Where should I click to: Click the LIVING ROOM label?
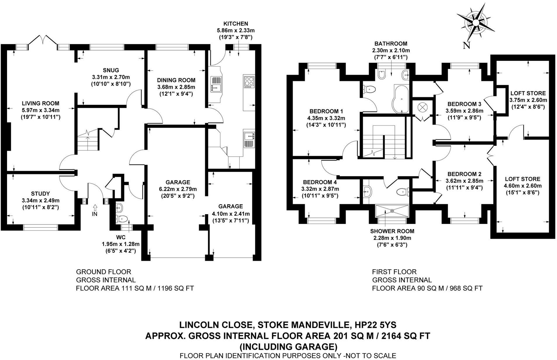[41, 103]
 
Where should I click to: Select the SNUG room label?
[111, 70]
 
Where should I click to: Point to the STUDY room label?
[40, 193]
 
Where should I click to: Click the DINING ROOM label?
[176, 80]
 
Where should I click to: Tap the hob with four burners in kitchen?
[249, 82]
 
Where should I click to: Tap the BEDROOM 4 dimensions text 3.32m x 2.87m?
[320, 189]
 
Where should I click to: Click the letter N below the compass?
[466, 46]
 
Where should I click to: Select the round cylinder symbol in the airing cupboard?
[422, 107]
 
